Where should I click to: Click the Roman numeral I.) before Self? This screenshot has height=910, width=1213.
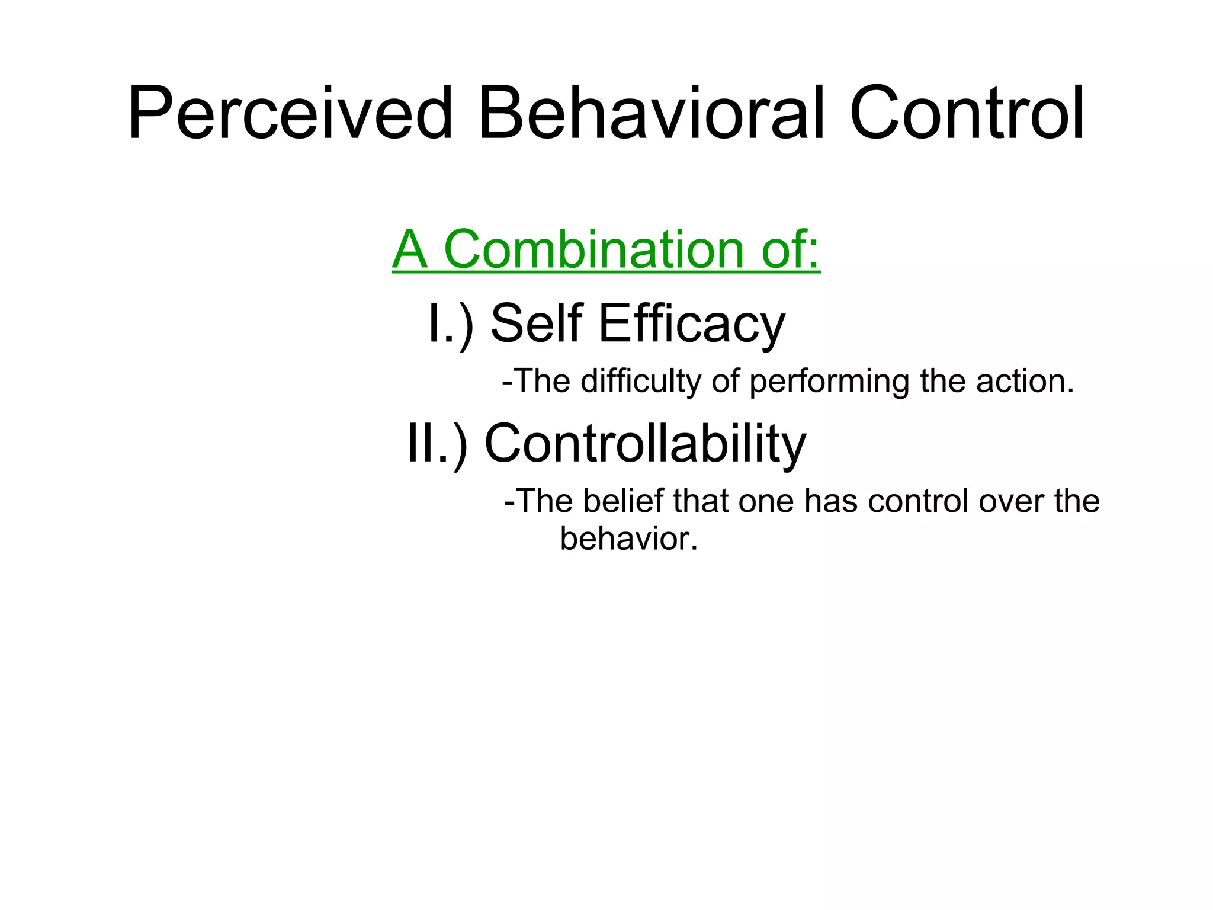tap(450, 323)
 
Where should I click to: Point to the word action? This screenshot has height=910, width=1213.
tap(1025, 381)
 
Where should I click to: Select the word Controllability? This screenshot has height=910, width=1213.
tap(645, 445)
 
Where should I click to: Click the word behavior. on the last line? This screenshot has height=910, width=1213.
tap(628, 539)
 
